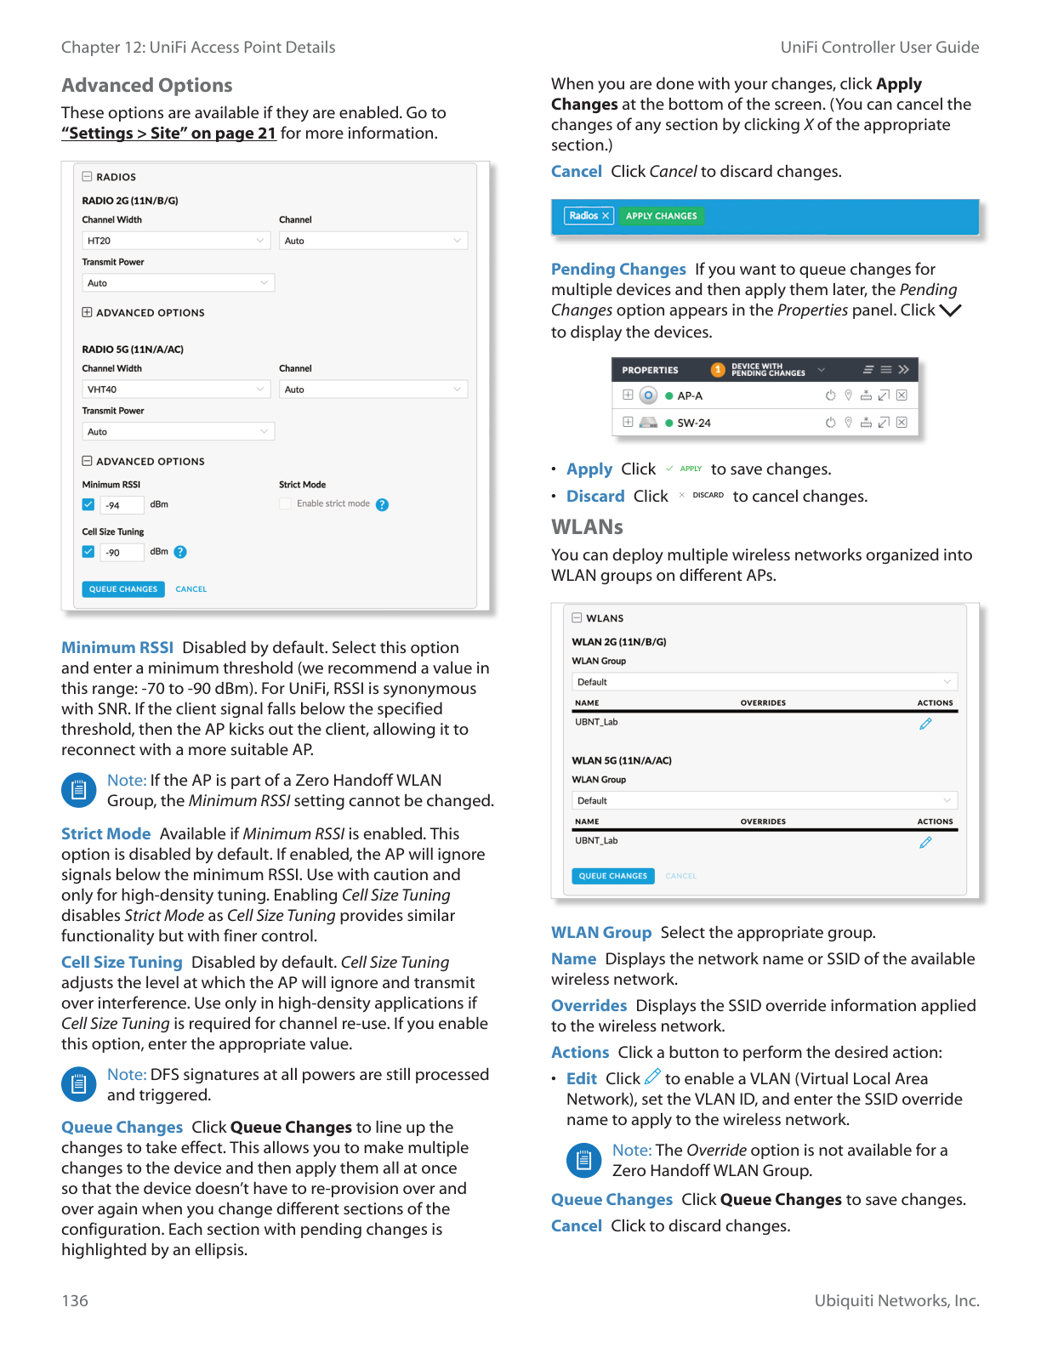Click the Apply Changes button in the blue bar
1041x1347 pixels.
(x=661, y=216)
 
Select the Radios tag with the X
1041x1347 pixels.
(x=589, y=216)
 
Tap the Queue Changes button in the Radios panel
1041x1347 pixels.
(x=123, y=589)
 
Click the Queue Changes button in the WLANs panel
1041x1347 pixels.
(x=612, y=876)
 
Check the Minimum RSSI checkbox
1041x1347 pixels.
(x=88, y=504)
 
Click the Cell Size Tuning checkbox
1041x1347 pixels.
(x=88, y=552)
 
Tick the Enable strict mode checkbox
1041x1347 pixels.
(x=286, y=504)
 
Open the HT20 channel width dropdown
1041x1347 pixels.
(x=176, y=241)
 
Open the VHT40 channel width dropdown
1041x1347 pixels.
(x=176, y=389)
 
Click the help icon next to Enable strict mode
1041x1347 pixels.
(x=383, y=505)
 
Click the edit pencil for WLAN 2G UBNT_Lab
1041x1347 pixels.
(x=925, y=724)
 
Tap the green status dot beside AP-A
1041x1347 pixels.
(x=669, y=395)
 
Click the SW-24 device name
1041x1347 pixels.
(x=694, y=423)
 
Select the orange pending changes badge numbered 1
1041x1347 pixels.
(x=718, y=370)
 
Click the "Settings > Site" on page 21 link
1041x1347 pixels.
(x=168, y=134)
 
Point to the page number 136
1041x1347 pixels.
(x=75, y=1300)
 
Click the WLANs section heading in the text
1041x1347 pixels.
(x=587, y=527)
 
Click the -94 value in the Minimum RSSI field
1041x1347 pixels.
(x=113, y=505)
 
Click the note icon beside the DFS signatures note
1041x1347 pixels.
(x=78, y=1084)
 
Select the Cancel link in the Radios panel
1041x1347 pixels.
(x=191, y=589)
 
